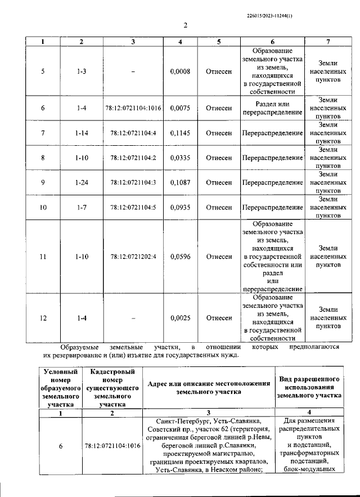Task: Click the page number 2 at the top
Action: [x=184, y=25]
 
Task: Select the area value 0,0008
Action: [x=180, y=71]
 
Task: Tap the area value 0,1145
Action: [x=180, y=133]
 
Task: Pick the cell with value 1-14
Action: [x=82, y=133]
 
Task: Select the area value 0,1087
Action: [x=180, y=183]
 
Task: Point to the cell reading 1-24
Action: [x=82, y=183]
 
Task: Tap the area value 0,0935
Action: [x=180, y=208]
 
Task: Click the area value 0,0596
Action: [x=180, y=257]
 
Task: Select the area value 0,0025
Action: [x=180, y=318]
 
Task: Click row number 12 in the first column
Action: [x=43, y=318]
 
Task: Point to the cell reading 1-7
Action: [x=82, y=208]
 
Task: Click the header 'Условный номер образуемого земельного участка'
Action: [x=59, y=388]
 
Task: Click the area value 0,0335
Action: [x=180, y=158]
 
